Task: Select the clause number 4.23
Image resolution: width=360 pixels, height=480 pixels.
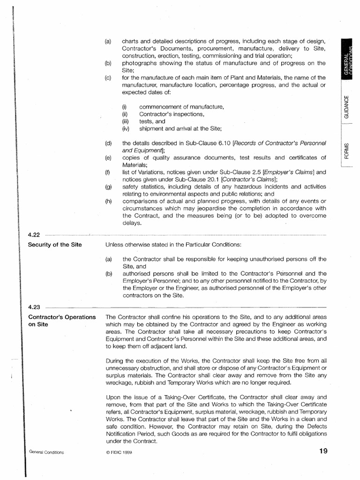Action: [35, 307]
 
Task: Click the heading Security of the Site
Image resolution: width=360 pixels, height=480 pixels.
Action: [55, 245]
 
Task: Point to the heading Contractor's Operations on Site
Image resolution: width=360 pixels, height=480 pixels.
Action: [62, 321]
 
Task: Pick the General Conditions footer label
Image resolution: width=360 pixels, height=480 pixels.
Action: [46, 452]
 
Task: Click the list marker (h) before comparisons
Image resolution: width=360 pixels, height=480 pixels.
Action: [109, 202]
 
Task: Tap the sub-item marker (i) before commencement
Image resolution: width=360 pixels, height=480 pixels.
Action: [125, 107]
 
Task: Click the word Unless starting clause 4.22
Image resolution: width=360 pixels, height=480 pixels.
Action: [115, 245]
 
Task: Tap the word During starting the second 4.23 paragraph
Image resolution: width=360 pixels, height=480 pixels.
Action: [116, 361]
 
